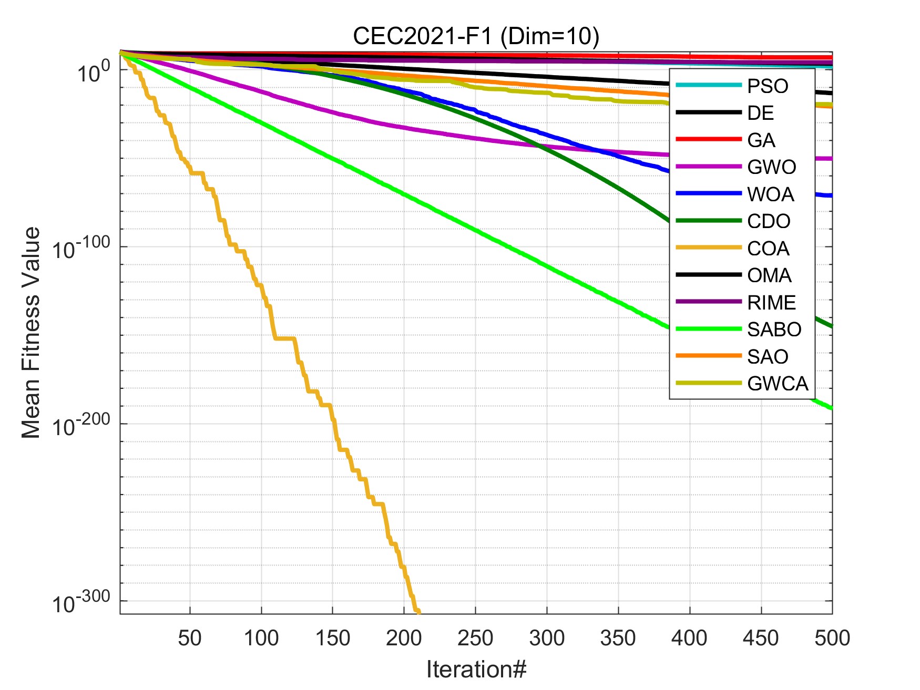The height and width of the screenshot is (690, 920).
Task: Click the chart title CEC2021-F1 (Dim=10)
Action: pos(476,36)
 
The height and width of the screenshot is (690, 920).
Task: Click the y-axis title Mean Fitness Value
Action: pos(31,333)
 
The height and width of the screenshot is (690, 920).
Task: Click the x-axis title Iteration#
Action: pos(476,670)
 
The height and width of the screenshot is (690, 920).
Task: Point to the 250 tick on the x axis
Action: pos(475,638)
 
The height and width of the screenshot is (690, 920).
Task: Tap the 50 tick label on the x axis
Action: pos(190,638)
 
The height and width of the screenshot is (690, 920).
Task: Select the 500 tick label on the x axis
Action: pos(832,638)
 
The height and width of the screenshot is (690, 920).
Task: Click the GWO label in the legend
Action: pos(771,167)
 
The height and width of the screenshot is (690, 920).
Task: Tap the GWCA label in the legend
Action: pos(778,384)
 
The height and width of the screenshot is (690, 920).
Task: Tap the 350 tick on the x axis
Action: pos(618,638)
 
